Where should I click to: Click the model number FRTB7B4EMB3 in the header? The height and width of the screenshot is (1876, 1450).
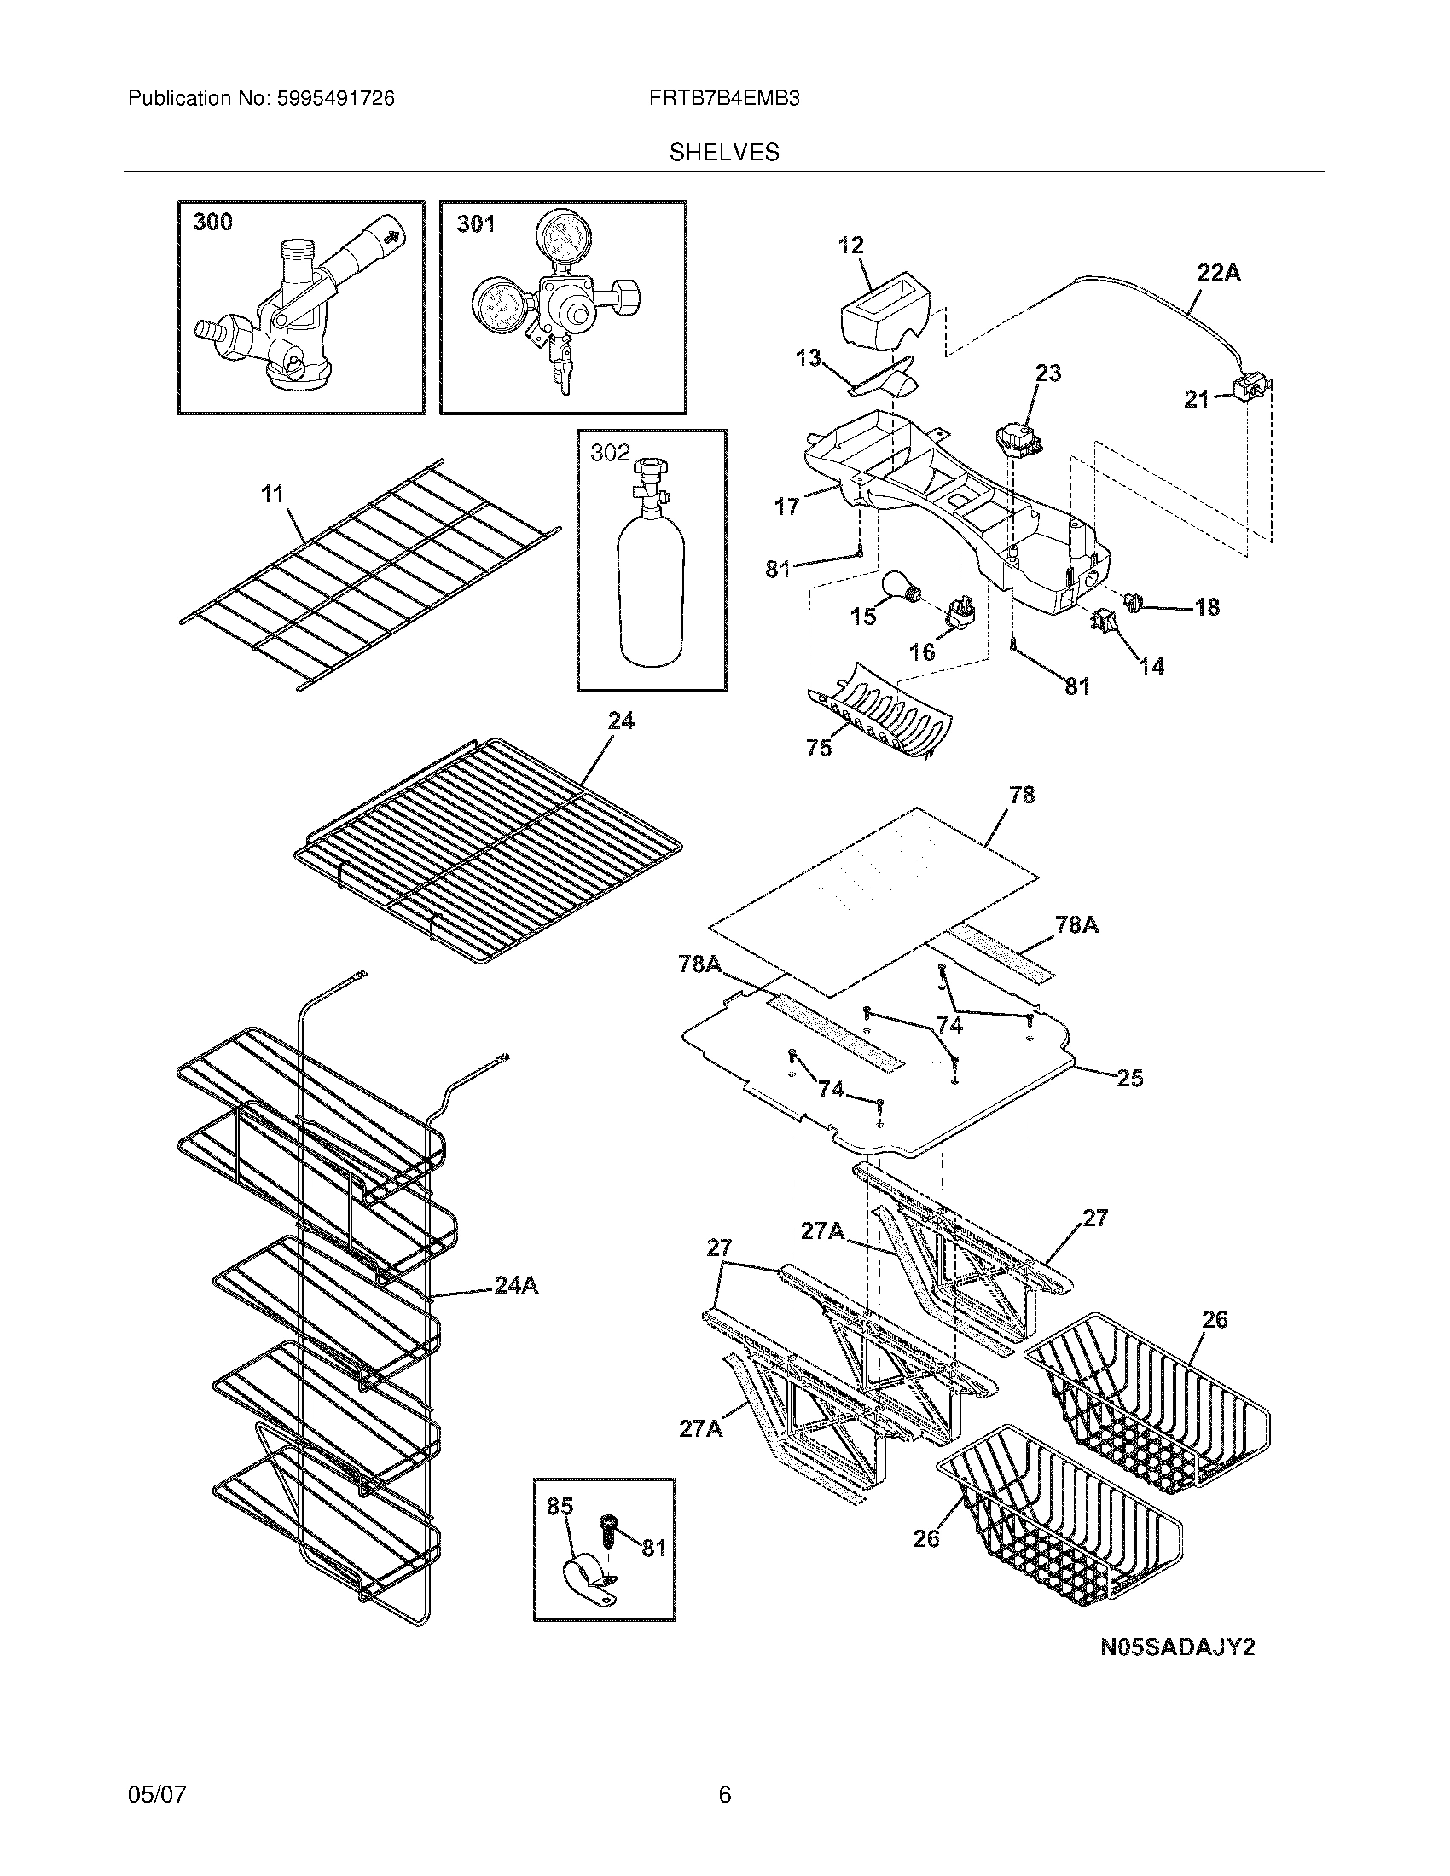click(725, 99)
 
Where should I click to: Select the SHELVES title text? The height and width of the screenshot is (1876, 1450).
click(724, 153)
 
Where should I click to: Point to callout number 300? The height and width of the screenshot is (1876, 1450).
click(212, 223)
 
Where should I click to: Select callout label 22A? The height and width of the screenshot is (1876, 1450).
click(1219, 273)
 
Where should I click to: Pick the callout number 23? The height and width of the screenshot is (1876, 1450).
click(1048, 373)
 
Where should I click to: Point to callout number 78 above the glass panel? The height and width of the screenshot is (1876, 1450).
click(1021, 795)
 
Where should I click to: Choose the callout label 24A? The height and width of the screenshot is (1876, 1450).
click(516, 1310)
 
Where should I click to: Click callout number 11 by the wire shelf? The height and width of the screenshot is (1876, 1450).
click(272, 494)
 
